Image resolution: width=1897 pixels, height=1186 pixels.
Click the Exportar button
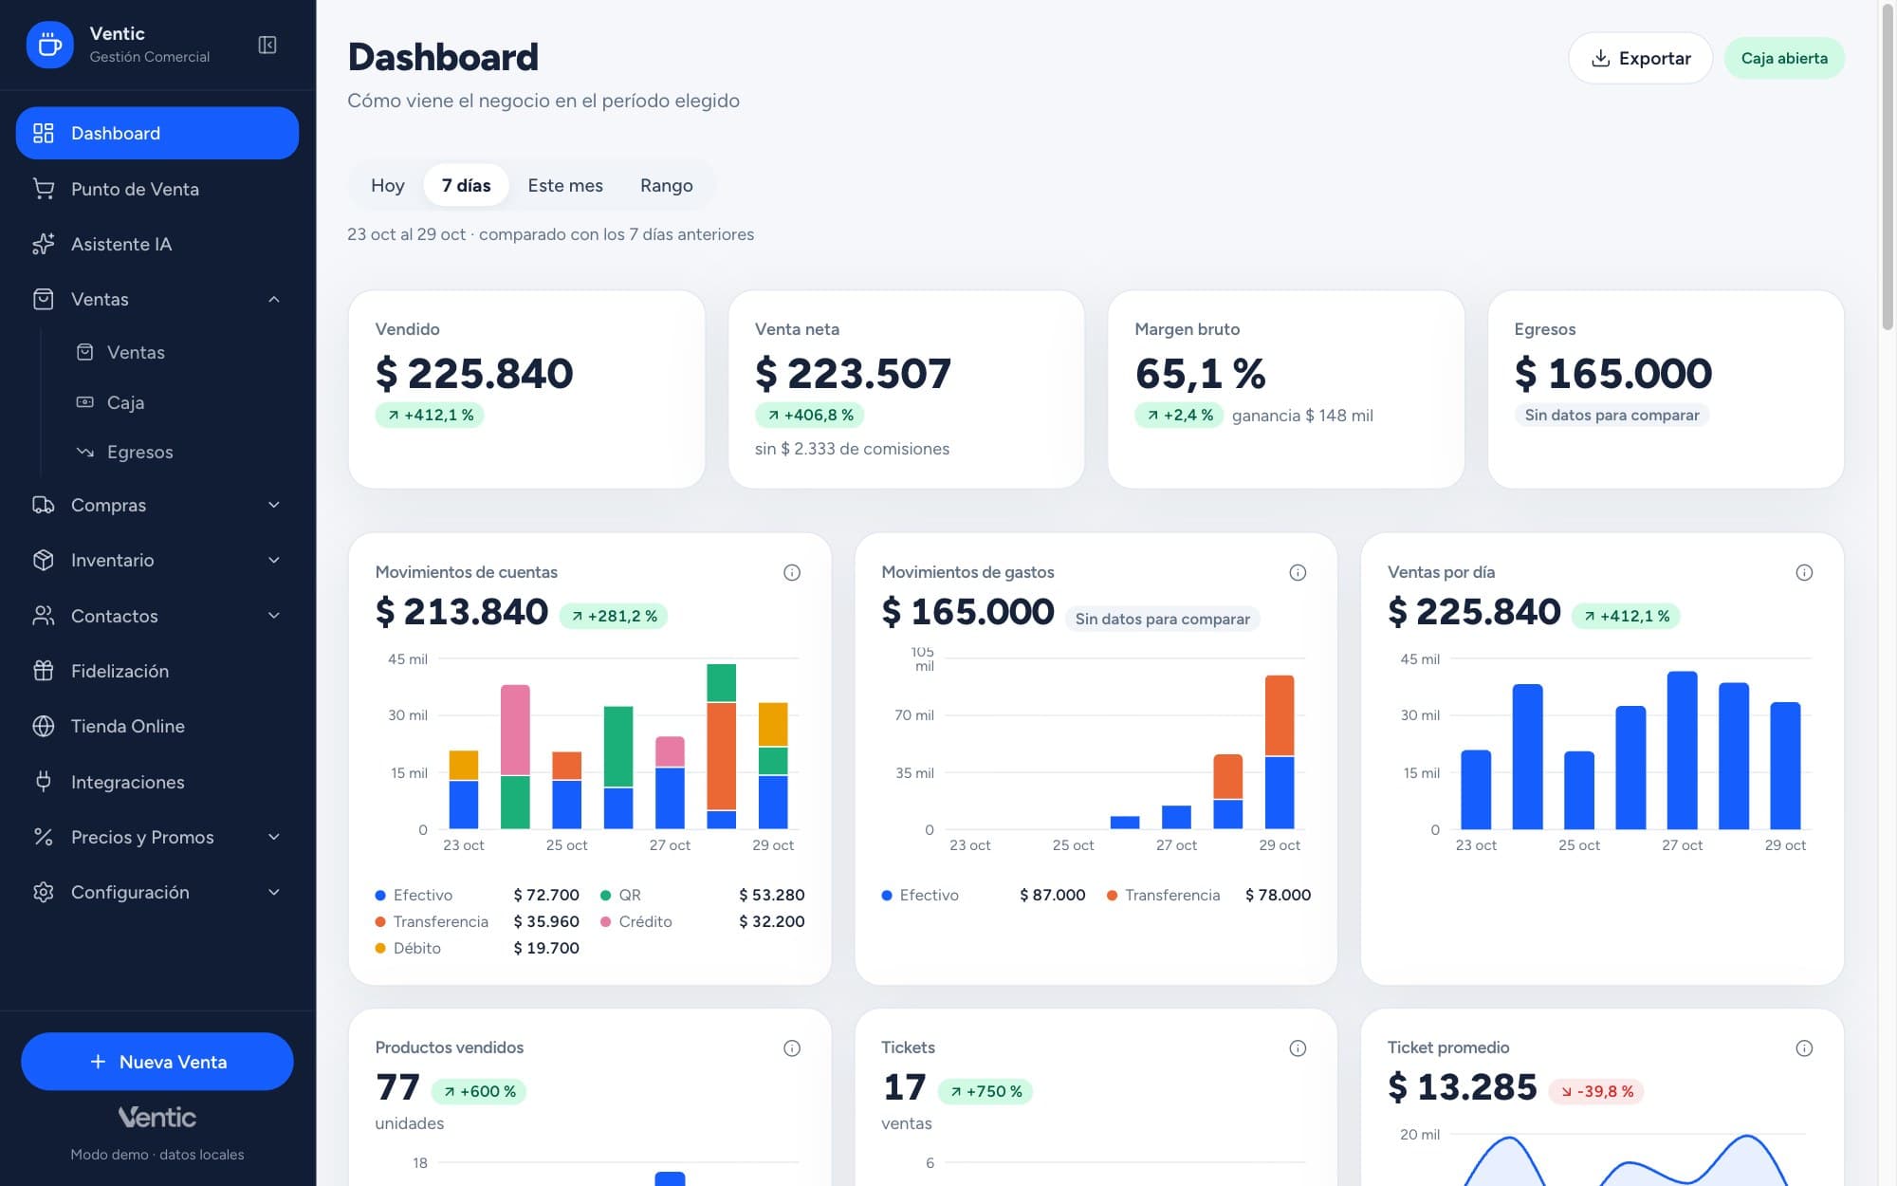[x=1640, y=58]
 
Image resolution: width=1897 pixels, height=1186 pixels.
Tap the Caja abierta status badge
[x=1784, y=58]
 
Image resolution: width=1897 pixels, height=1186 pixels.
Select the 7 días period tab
[x=466, y=185]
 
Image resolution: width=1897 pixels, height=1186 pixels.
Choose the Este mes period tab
[x=565, y=185]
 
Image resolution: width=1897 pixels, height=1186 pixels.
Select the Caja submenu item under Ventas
[x=125, y=402]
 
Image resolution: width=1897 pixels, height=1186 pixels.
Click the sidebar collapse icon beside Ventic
[x=267, y=45]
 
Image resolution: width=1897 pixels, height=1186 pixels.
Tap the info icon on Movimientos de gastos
[x=1298, y=572]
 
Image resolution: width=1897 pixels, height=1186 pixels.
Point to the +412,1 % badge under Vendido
[x=430, y=415]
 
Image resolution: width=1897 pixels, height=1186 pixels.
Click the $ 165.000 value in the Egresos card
[x=1612, y=373]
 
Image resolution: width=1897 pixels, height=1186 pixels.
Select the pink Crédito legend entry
[x=636, y=921]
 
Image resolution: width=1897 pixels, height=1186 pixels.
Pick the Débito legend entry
[x=408, y=948]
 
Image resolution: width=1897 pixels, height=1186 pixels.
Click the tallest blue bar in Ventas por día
[x=1682, y=750]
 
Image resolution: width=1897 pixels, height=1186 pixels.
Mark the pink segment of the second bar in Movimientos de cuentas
[x=515, y=730]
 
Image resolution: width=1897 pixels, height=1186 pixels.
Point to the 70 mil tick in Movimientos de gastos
[x=913, y=715]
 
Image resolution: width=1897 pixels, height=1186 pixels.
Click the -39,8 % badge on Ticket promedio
[x=1596, y=1091]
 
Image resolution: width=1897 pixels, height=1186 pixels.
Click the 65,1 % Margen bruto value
[x=1200, y=373]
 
